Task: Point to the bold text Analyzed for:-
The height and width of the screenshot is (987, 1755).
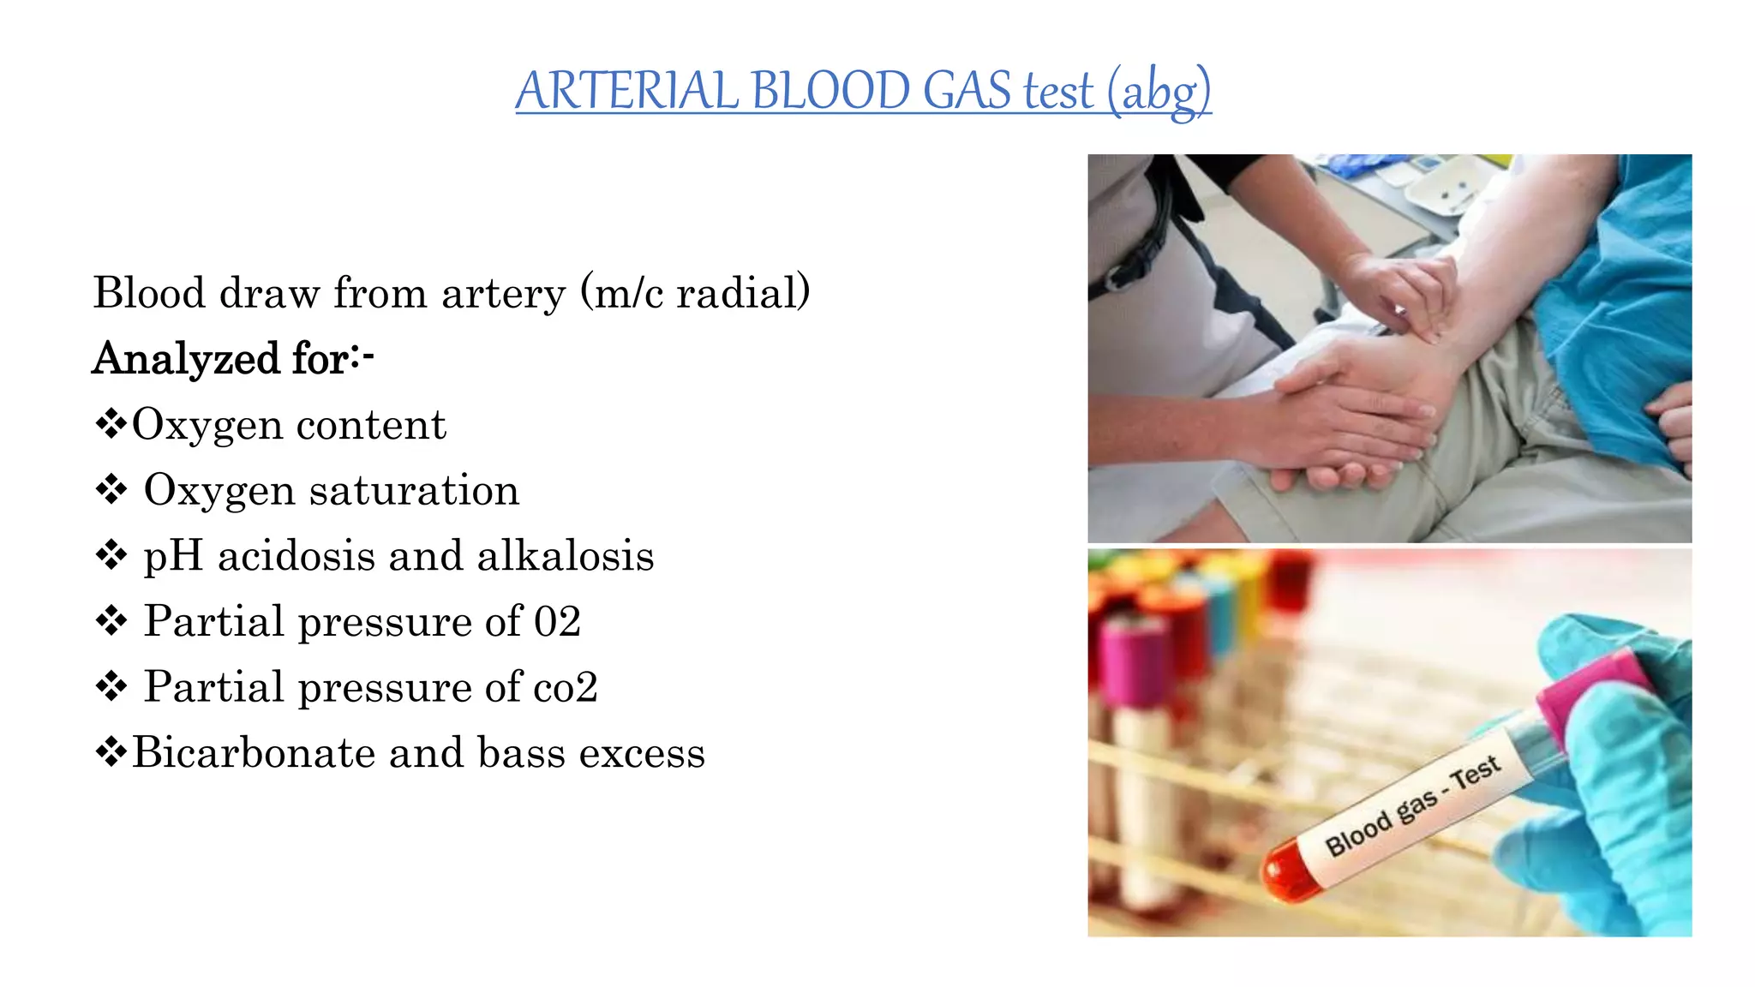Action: click(x=233, y=358)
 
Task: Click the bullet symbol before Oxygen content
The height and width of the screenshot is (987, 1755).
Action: click(x=111, y=424)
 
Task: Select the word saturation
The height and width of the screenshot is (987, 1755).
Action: click(x=414, y=490)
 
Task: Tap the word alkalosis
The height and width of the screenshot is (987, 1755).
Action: click(x=566, y=556)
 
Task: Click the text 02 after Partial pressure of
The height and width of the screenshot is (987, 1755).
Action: click(x=557, y=621)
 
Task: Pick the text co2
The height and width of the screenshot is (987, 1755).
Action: click(x=565, y=687)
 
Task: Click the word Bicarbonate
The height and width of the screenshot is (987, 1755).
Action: click(x=254, y=752)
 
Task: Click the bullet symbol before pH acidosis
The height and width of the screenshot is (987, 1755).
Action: click(x=111, y=556)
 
